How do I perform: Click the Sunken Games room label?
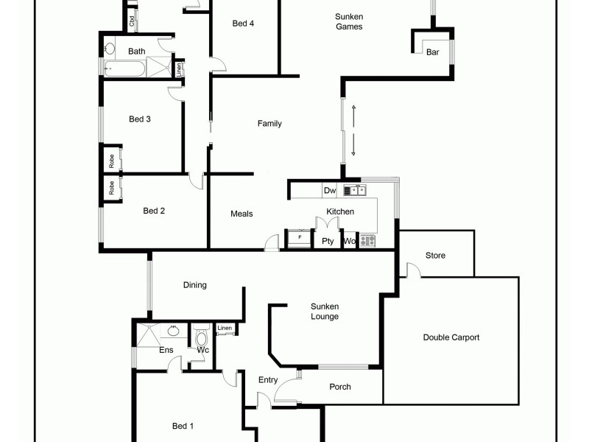(348, 21)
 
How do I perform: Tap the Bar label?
(433, 52)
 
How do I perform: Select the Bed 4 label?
(243, 23)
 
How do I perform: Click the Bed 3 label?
(140, 119)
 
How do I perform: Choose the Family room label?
(269, 124)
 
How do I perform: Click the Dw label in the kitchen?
(329, 191)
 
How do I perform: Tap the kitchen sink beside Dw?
(358, 190)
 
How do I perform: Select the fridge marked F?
(299, 238)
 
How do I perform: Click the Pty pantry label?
(328, 241)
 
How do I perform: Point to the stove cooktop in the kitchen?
(368, 240)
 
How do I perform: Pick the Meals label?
(241, 214)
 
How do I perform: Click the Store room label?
(435, 256)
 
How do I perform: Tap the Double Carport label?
(451, 337)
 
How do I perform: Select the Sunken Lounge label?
(325, 312)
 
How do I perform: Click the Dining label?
(195, 285)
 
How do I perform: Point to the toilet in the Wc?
(201, 338)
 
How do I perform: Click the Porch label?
(340, 387)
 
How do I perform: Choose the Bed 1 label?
(183, 426)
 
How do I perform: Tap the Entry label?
(268, 380)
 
